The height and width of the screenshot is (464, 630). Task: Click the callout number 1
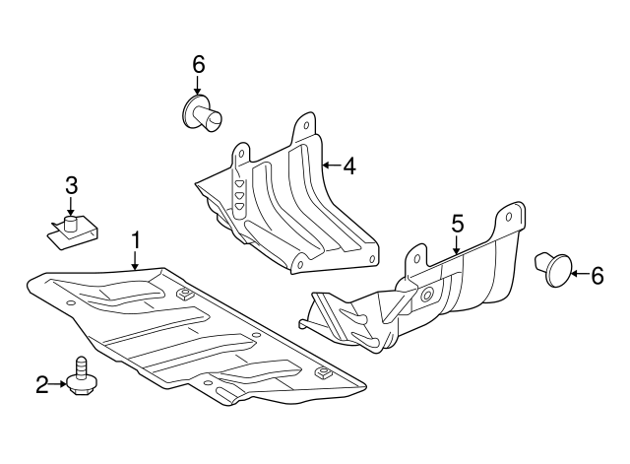click(136, 239)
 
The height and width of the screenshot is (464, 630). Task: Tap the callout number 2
click(42, 384)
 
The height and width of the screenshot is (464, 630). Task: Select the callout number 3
click(71, 184)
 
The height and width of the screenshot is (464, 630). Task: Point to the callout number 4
click(348, 166)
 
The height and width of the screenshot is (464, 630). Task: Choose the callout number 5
click(457, 224)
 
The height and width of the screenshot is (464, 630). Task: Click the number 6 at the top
click(198, 64)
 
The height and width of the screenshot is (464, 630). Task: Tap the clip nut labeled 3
click(68, 230)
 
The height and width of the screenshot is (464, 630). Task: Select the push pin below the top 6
click(203, 113)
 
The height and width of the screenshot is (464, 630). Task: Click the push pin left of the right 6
click(555, 268)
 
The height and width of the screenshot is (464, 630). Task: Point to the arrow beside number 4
click(330, 166)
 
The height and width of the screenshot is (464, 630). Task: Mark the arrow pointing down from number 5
click(457, 246)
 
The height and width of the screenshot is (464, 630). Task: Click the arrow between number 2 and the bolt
click(60, 384)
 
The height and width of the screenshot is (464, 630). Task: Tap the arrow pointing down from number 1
click(136, 259)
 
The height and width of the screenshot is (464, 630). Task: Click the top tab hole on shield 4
click(305, 126)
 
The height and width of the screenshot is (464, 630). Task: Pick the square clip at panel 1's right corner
click(322, 373)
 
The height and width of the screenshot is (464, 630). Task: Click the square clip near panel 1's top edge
click(183, 293)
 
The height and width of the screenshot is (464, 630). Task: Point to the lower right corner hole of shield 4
click(371, 260)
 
